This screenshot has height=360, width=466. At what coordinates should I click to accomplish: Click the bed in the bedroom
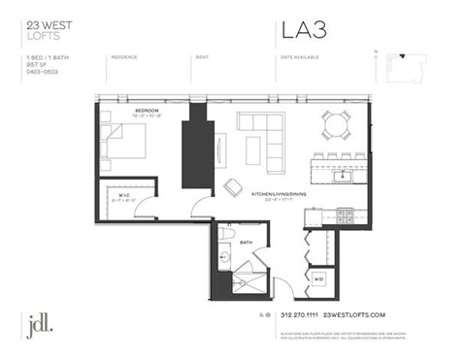tap(125, 143)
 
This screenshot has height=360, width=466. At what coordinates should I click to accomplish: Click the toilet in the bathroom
tap(223, 236)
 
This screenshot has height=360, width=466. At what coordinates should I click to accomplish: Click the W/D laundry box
tap(319, 278)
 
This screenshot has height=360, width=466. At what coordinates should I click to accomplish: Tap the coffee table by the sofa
tap(254, 149)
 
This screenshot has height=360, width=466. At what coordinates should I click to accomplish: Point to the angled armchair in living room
tap(234, 186)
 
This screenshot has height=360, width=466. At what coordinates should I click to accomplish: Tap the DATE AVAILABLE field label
tap(300, 57)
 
